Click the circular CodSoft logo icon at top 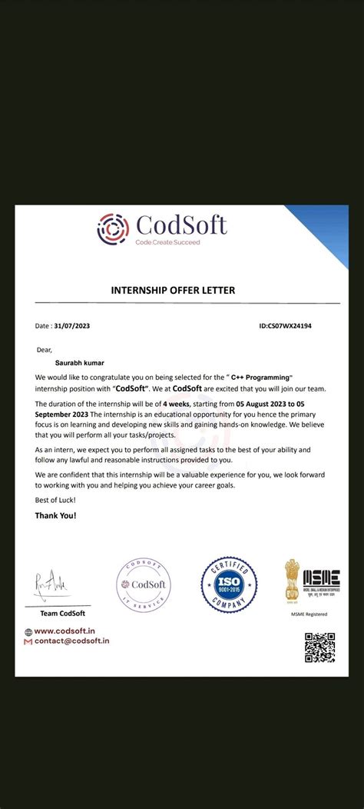[x=113, y=228]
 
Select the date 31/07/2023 [x=74, y=326]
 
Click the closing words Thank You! [x=55, y=514]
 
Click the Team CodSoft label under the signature [x=62, y=613]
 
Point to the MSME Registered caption [x=309, y=614]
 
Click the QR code [x=319, y=648]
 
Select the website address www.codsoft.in [x=69, y=631]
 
